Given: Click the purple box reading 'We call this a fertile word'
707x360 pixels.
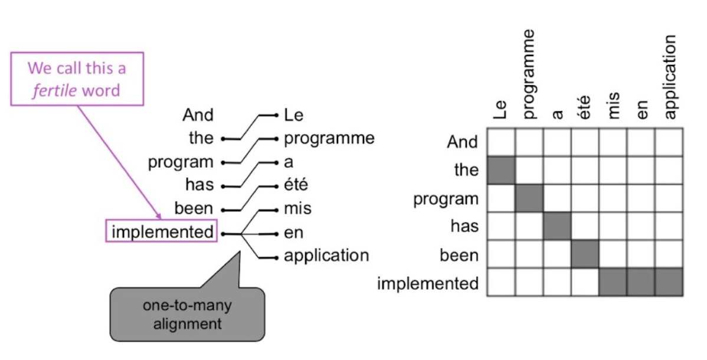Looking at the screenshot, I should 77,79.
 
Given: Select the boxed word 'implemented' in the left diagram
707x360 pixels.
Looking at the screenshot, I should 162,232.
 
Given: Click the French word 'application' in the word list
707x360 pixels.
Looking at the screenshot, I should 326,256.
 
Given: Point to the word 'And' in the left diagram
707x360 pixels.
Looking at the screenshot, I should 198,114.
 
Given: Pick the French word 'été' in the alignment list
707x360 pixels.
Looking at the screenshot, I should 296,185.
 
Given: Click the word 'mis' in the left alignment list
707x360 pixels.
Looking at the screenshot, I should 297,209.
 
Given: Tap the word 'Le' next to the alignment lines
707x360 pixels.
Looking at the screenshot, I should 293,114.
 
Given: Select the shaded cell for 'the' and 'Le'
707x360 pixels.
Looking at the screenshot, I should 501,170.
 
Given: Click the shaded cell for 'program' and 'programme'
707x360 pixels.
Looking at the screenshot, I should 529,198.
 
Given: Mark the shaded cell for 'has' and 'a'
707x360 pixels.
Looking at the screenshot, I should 557,226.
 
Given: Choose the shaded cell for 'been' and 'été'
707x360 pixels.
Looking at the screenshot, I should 585,254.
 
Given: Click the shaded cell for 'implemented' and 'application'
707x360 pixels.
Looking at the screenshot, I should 669,282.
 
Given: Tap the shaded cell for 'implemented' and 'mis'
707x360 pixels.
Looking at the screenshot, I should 613,282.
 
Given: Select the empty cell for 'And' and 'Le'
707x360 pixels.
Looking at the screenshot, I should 501,142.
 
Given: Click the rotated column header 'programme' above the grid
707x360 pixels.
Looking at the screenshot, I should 529,74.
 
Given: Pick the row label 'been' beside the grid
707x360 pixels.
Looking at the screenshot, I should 459,256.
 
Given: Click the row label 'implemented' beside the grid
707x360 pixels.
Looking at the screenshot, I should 428,283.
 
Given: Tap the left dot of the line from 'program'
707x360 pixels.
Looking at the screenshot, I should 223,162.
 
